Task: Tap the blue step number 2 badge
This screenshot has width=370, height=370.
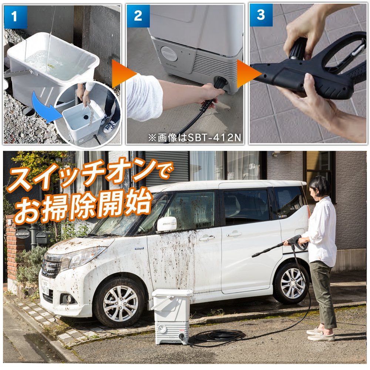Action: tap(138, 16)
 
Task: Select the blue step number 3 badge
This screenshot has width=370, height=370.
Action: tap(261, 15)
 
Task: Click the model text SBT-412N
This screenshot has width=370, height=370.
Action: tap(214, 138)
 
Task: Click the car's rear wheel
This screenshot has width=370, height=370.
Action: tap(292, 283)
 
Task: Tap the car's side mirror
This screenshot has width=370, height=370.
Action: tap(166, 224)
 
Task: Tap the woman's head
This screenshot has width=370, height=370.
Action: tap(319, 187)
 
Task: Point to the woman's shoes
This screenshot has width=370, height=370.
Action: tap(321, 334)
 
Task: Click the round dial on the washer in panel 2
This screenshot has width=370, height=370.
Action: tap(169, 54)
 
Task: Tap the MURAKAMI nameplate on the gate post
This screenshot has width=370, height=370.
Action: tap(23, 233)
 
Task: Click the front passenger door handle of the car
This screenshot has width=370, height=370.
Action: tap(207, 238)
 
